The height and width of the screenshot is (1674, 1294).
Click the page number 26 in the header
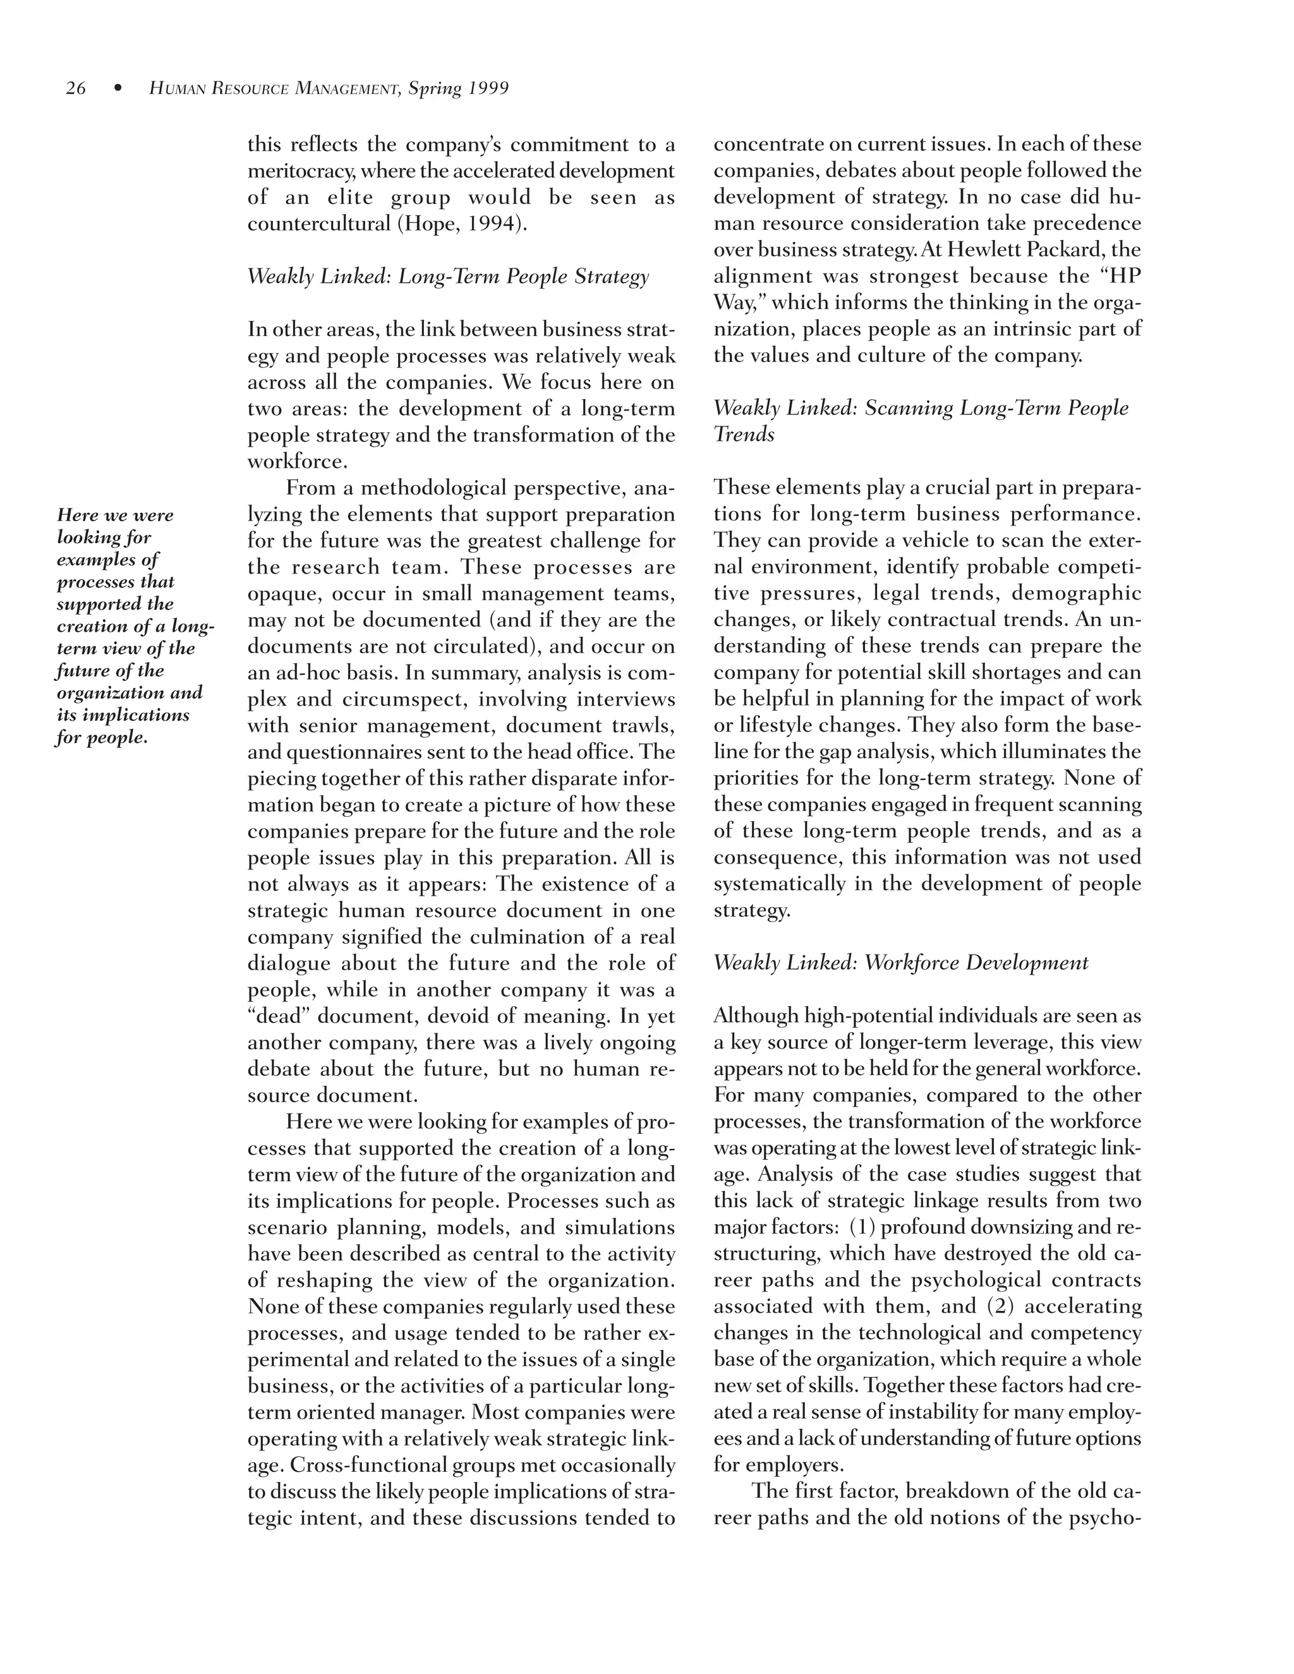coord(76,89)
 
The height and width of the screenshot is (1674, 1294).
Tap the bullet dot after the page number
coord(118,89)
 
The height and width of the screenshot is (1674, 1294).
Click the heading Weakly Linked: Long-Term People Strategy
coord(448,277)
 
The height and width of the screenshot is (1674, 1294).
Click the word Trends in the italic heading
coord(744,435)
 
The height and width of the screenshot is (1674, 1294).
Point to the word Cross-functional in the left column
coord(363,1466)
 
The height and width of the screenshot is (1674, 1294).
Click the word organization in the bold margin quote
coord(107,693)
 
